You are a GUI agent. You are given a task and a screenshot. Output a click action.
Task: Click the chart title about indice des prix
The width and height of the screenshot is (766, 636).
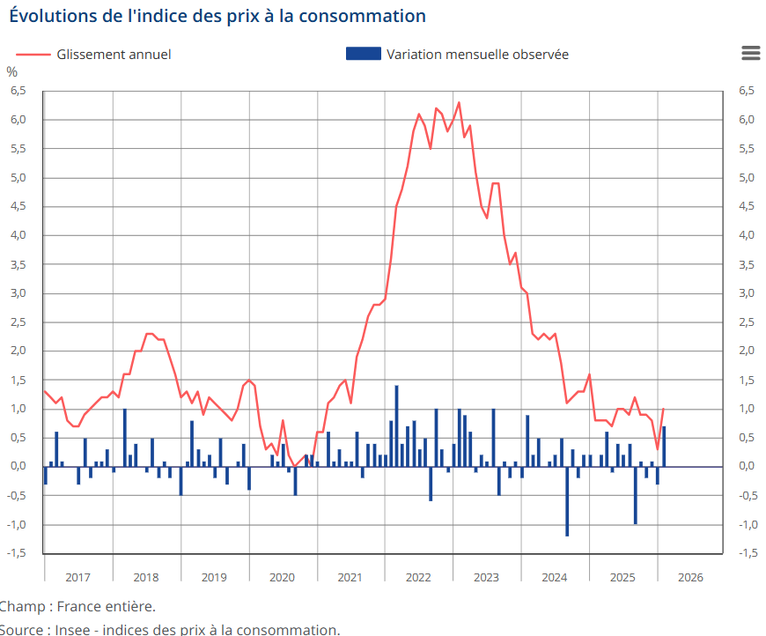point(217,16)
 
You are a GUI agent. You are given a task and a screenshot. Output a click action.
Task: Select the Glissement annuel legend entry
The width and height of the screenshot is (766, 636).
point(113,55)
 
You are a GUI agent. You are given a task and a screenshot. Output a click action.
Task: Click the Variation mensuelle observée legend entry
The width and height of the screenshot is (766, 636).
point(476,55)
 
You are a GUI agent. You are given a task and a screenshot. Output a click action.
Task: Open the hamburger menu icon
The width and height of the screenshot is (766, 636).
point(750,53)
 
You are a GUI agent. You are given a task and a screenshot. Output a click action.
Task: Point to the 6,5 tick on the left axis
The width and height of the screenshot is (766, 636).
point(18,91)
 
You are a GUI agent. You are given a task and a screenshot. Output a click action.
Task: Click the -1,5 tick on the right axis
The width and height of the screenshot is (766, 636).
point(748,553)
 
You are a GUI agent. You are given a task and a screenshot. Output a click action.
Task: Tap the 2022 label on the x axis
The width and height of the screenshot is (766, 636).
point(417,578)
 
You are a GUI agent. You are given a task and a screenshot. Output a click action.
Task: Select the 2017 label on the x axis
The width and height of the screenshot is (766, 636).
point(77,578)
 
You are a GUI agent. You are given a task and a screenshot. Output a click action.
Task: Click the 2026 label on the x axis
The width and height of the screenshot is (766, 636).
point(689,578)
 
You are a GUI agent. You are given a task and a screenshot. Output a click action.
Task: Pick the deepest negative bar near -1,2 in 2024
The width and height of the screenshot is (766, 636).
point(567,502)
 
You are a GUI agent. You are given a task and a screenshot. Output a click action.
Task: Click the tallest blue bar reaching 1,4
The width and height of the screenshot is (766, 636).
point(396,426)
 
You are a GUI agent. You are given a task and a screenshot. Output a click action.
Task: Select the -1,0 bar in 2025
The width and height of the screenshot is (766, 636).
point(636,496)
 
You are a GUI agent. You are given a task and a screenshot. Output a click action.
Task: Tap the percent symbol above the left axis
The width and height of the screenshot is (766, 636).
point(11,72)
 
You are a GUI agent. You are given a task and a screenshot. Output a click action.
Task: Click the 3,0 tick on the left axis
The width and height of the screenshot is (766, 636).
point(18,293)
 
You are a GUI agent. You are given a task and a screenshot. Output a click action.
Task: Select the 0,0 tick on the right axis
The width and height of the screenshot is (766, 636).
point(748,467)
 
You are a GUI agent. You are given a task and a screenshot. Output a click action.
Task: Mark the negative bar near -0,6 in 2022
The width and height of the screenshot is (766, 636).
point(431,484)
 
